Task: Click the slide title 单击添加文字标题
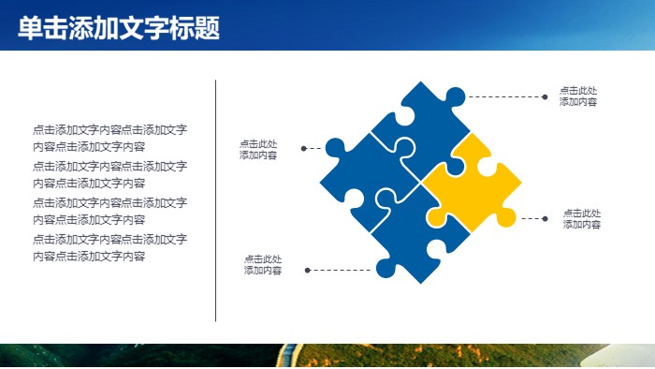click(x=119, y=29)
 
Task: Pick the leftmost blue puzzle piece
click(x=360, y=178)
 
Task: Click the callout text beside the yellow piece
click(x=581, y=219)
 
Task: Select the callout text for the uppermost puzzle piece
click(x=578, y=96)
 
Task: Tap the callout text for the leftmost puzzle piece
click(x=258, y=150)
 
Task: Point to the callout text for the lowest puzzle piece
click(x=263, y=265)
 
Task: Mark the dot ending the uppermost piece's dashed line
click(x=544, y=96)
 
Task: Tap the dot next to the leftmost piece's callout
click(x=303, y=148)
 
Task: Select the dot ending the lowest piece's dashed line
click(x=305, y=270)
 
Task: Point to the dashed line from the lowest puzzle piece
click(x=342, y=270)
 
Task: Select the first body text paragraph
click(x=109, y=138)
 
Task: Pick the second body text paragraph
click(x=109, y=174)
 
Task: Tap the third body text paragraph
click(x=109, y=211)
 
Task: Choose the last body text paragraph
click(x=109, y=247)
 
